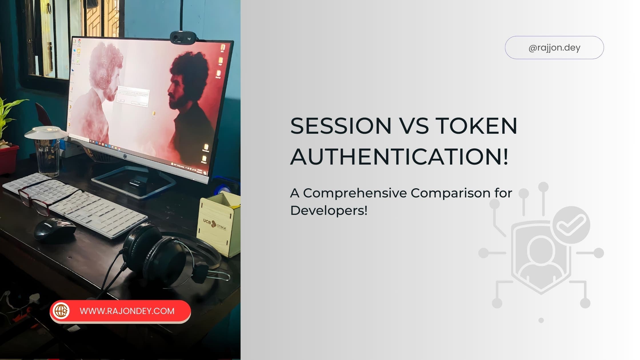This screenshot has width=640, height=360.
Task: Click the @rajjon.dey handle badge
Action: (x=554, y=47)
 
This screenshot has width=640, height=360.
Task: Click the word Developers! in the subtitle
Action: (x=329, y=211)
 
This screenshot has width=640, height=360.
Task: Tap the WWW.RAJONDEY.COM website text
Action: (x=127, y=311)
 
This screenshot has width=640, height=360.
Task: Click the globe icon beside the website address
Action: (x=61, y=311)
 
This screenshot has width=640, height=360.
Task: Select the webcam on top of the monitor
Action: (x=183, y=37)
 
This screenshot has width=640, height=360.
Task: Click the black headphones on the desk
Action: (x=160, y=254)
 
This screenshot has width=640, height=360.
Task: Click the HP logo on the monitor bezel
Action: (x=125, y=156)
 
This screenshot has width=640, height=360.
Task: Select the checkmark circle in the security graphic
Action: (x=571, y=225)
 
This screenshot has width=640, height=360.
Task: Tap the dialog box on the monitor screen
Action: (x=133, y=96)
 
